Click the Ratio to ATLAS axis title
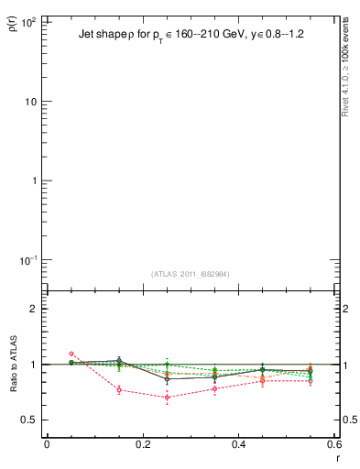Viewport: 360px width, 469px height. [x=14, y=365]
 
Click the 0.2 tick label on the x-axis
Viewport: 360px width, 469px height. [x=142, y=444]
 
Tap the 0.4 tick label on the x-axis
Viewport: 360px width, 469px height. [x=238, y=444]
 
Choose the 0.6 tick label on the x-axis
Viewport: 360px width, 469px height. [x=333, y=444]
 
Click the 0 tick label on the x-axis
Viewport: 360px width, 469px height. [x=47, y=444]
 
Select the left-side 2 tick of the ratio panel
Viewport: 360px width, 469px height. [x=33, y=309]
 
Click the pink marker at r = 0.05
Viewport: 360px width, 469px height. [x=71, y=354]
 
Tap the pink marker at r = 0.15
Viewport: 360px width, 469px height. [x=119, y=389]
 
